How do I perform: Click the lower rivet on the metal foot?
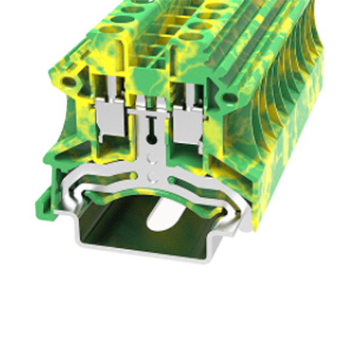click(152, 176)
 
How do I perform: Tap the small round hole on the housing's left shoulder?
click(69, 82)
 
